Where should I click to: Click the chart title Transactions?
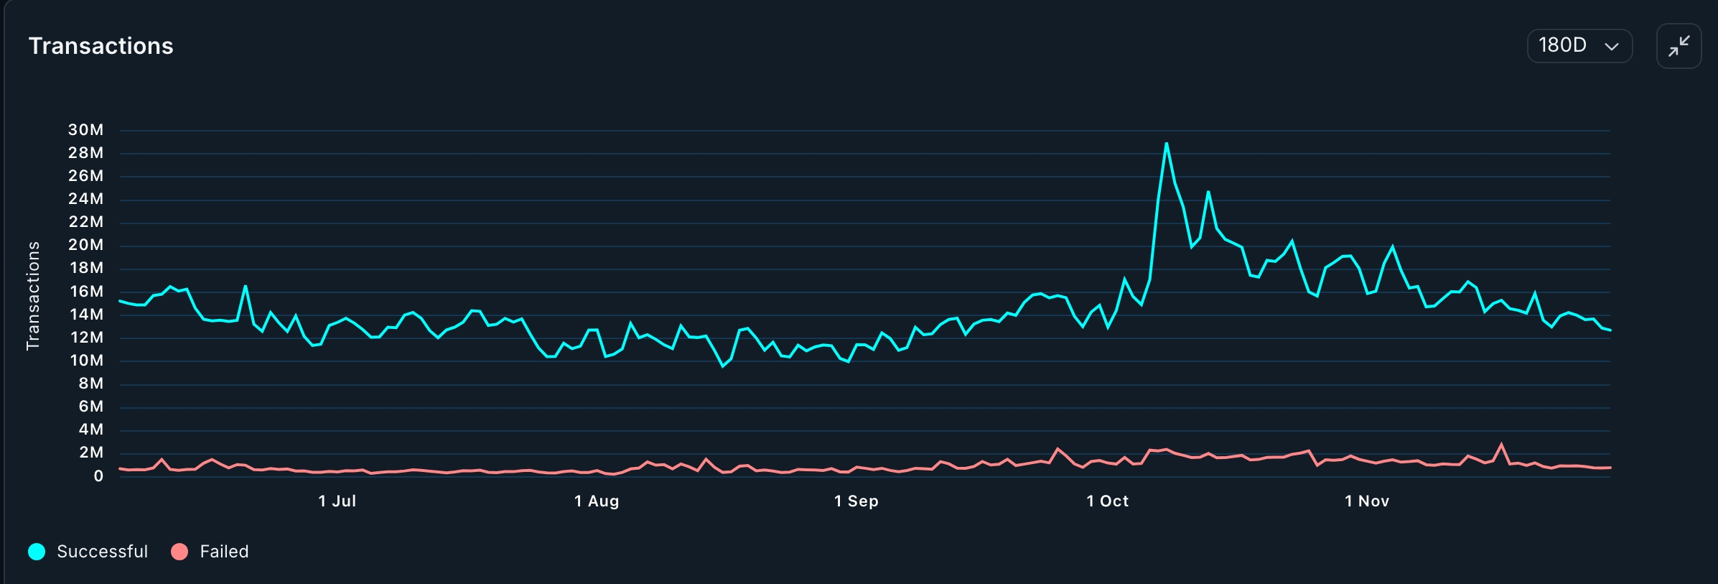[101, 46]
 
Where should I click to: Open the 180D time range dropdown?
[1579, 46]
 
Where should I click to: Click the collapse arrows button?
[1678, 46]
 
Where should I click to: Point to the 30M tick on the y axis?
[85, 130]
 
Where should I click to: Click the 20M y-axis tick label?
[85, 245]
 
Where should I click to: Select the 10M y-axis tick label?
[86, 361]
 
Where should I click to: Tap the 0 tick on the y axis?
[98, 476]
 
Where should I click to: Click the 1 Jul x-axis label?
[337, 501]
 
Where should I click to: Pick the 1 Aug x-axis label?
[596, 501]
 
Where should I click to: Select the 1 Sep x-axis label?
[856, 501]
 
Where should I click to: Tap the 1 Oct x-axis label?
[1107, 501]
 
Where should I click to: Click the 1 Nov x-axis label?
[1366, 501]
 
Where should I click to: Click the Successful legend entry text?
[102, 552]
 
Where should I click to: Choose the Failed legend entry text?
[224, 552]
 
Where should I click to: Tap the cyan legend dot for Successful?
[37, 552]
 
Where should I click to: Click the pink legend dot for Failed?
[179, 552]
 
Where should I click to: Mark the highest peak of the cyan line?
[1166, 144]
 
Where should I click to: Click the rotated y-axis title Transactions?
[33, 295]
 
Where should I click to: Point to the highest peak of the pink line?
[1501, 444]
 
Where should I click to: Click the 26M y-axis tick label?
[85, 176]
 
